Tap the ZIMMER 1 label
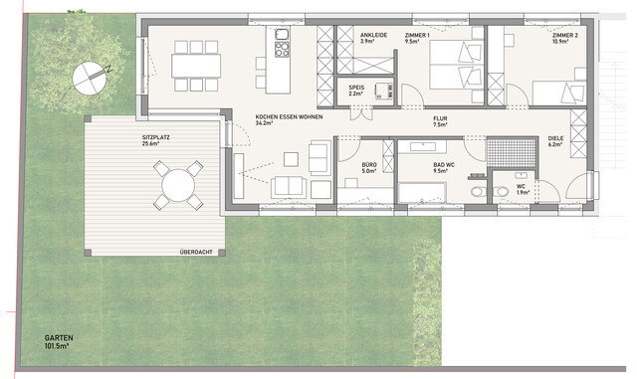pyautogui.click(x=418, y=38)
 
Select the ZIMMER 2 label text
pyautogui.click(x=563, y=38)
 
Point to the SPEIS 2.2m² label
pyautogui.click(x=356, y=91)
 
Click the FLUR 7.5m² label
pyautogui.click(x=439, y=122)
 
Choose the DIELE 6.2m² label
pyautogui.click(x=554, y=141)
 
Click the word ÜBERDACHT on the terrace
pyautogui.click(x=195, y=251)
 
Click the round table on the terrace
pyautogui.click(x=177, y=185)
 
